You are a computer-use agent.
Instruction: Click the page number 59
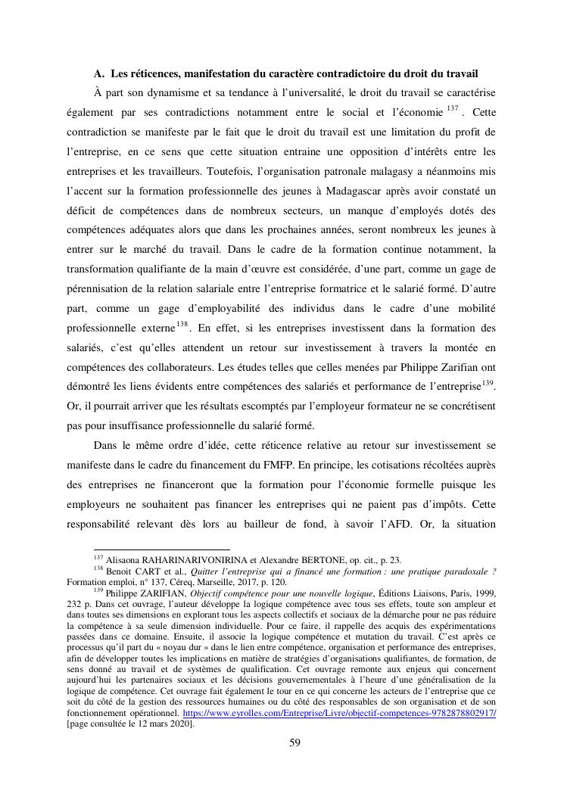click(295, 743)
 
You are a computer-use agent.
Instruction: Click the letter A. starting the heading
click(98, 73)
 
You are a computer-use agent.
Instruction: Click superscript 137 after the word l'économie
click(452, 109)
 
